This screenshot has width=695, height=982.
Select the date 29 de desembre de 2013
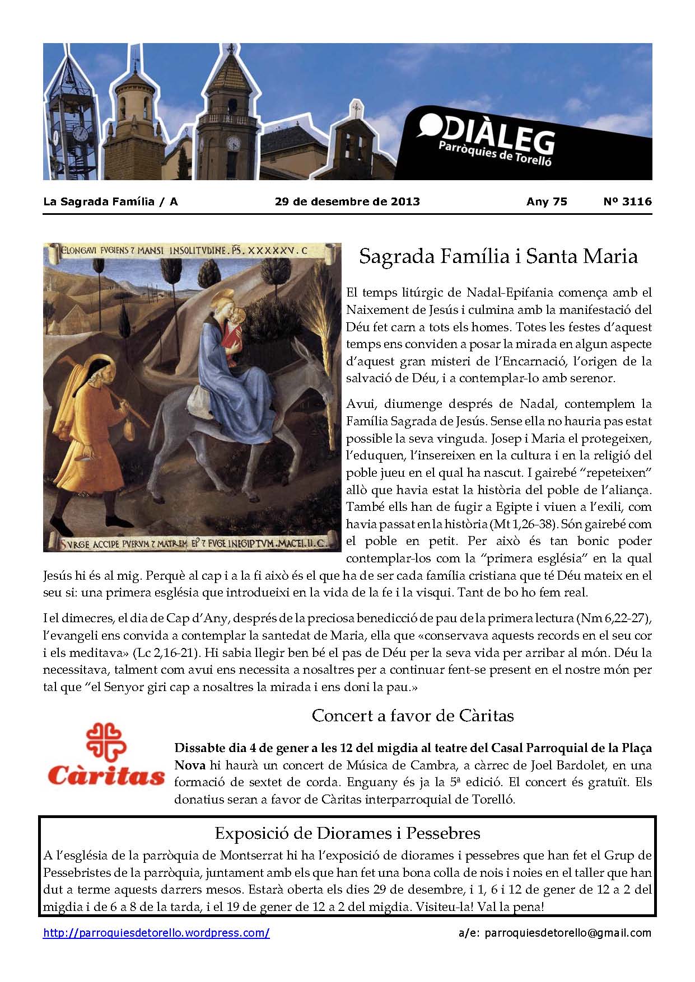click(x=347, y=201)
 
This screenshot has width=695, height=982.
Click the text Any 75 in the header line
click(x=547, y=201)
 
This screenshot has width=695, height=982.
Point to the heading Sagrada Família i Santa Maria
click(x=498, y=256)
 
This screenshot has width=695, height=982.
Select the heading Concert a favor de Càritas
click(x=413, y=715)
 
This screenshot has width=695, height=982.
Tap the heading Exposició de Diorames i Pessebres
click(x=347, y=833)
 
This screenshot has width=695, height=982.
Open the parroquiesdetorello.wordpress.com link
click(x=156, y=933)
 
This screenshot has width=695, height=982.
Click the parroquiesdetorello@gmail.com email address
click(x=568, y=933)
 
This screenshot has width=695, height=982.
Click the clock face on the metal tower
click(x=81, y=133)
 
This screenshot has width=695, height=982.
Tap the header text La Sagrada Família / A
click(x=110, y=201)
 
